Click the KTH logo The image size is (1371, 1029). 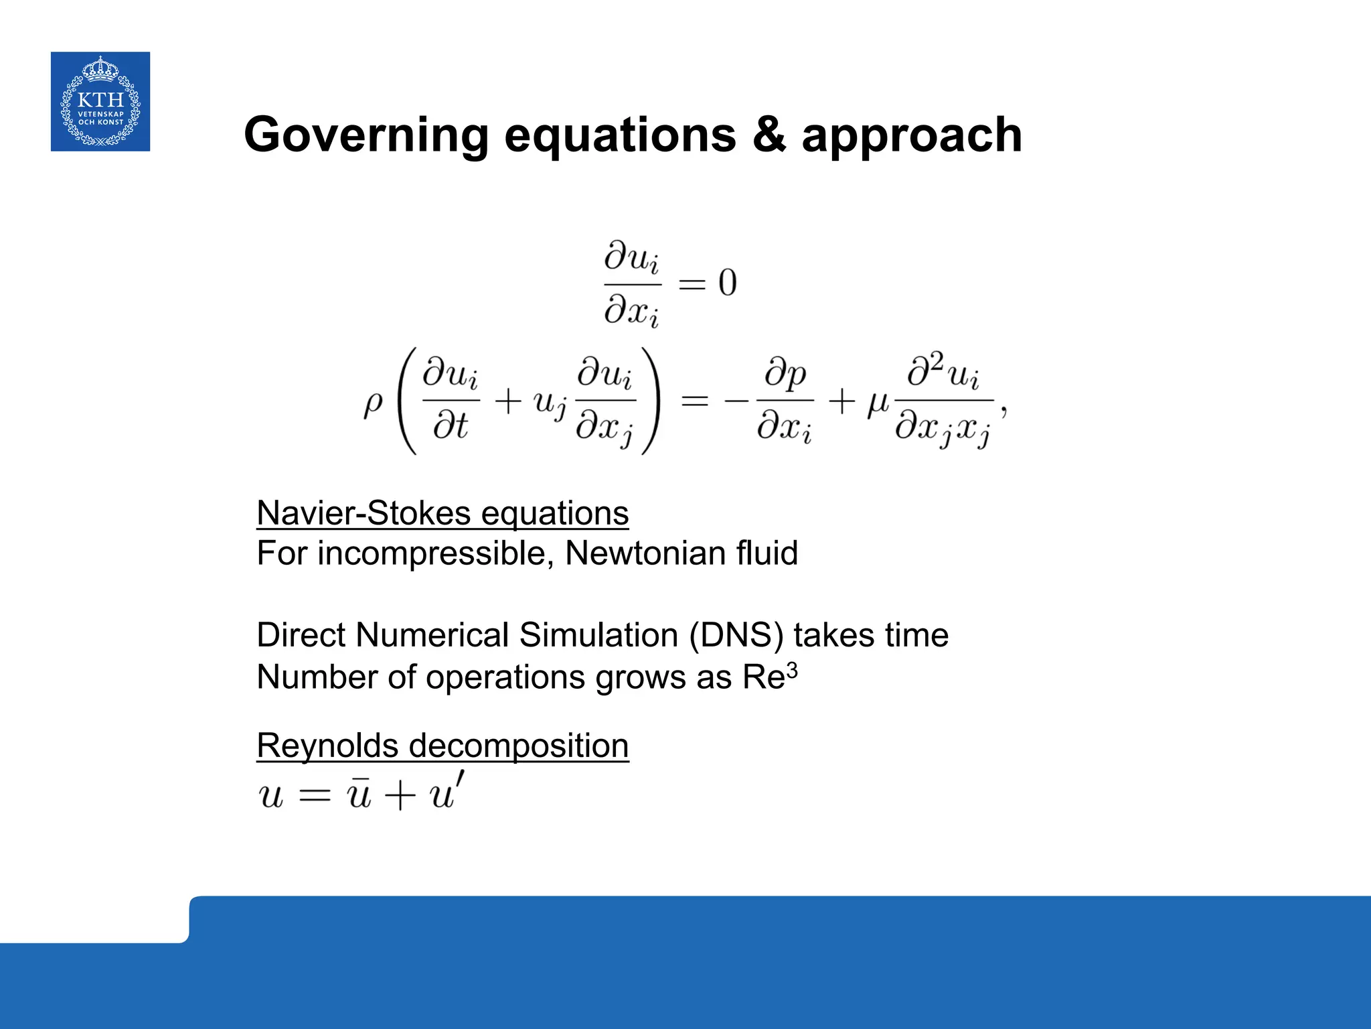100,101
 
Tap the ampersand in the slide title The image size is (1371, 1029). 768,135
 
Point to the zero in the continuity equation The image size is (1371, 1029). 728,283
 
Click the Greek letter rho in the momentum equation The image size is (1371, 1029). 373,403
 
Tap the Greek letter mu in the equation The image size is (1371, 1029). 878,403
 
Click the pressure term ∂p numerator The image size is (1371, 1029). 785,374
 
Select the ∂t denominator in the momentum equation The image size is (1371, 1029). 450,426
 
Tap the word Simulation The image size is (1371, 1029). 598,635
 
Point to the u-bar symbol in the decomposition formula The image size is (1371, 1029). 359,795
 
